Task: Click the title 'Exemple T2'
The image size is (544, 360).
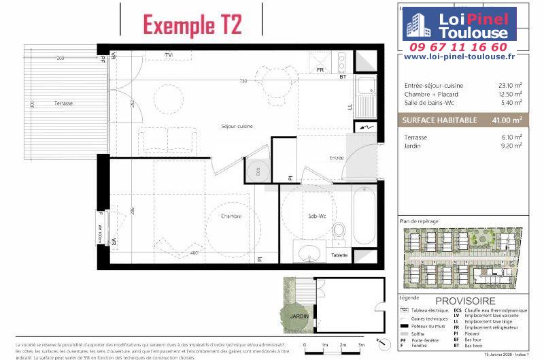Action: pos(192,24)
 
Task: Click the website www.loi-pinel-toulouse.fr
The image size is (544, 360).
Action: pos(459,57)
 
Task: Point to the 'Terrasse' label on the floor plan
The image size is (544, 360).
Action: pos(64,103)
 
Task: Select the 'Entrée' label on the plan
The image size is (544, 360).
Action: pos(336,158)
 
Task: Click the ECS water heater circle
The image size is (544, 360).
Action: pos(258,172)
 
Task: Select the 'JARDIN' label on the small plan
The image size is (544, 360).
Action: pos(299,316)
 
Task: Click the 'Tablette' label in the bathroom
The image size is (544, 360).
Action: pos(339,255)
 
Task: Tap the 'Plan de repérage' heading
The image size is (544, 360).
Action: pos(419,222)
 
